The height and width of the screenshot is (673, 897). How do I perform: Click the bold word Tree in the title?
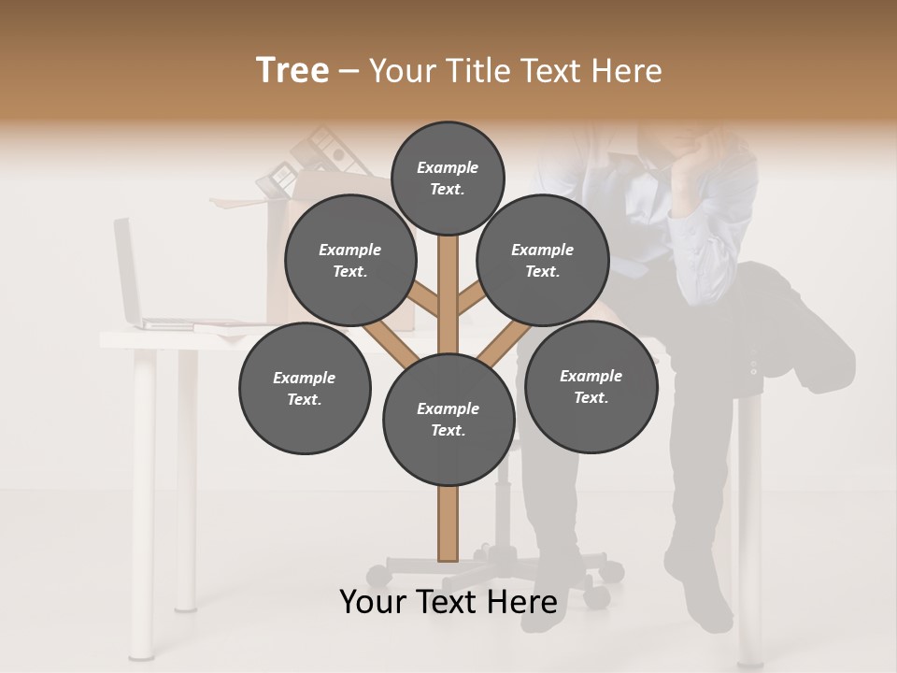pos(292,70)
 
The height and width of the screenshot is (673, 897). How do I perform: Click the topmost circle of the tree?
pos(448,178)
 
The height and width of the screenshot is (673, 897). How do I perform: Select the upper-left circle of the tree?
pos(350,260)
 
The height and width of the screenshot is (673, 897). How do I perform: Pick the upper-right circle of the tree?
pos(543,260)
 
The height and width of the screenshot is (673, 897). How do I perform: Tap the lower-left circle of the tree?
pos(305,388)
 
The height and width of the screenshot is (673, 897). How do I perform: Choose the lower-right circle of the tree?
pos(591,386)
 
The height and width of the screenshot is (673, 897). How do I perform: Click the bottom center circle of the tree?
pos(448,419)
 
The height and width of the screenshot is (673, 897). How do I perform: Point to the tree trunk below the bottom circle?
pos(448,523)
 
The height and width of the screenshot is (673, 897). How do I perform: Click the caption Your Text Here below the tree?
pos(448,602)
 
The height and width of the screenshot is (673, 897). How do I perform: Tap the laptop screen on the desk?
pos(126,271)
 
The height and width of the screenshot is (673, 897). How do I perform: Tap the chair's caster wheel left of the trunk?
pos(377,573)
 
